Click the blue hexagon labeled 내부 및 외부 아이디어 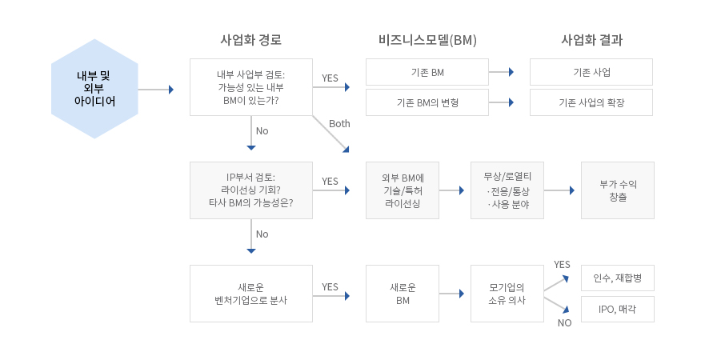(94, 89)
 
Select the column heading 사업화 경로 (250, 39)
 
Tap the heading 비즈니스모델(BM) (427, 39)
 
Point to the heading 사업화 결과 (591, 39)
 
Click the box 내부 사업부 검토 (250, 87)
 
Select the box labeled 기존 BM (427, 72)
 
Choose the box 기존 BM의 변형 (427, 102)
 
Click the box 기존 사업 (591, 72)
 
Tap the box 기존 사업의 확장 (591, 102)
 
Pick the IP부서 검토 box (250, 190)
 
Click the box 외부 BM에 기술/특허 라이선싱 (403, 190)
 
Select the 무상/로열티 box (507, 190)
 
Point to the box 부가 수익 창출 (617, 190)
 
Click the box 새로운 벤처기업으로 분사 (250, 294)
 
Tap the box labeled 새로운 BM (403, 294)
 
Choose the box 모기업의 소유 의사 (507, 294)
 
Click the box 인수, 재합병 (617, 278)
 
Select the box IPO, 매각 (617, 309)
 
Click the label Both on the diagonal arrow (339, 124)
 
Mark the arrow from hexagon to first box (157, 90)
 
